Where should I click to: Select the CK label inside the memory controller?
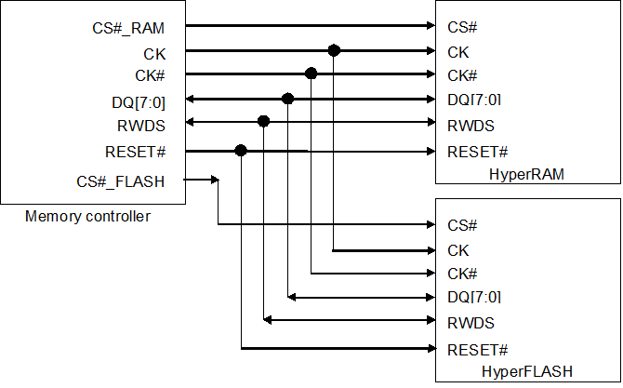click(x=154, y=53)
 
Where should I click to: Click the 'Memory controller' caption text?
click(x=88, y=217)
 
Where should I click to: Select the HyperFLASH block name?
click(x=526, y=371)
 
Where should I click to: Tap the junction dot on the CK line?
click(x=334, y=51)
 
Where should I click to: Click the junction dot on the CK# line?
click(x=311, y=74)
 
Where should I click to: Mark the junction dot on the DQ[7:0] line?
click(x=288, y=98)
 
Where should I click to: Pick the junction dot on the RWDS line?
click(x=264, y=121)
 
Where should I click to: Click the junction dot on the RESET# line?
click(x=241, y=150)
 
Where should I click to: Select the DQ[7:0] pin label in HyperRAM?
click(x=474, y=100)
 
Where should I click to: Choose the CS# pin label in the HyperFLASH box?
click(x=462, y=225)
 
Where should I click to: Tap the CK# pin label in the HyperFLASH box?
click(x=462, y=274)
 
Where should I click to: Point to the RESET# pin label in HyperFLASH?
click(x=477, y=349)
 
